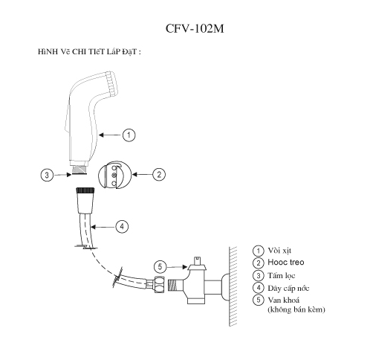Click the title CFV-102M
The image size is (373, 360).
tap(195, 28)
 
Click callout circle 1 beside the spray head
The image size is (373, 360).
tap(129, 135)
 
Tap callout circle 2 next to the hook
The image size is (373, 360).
tap(159, 174)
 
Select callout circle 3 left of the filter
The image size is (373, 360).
tap(47, 175)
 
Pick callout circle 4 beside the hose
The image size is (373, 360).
tap(122, 227)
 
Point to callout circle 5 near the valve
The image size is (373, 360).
tap(160, 267)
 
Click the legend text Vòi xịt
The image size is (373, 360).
tap(279, 251)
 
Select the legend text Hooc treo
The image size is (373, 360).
tap(286, 263)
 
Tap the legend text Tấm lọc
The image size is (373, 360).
tap(282, 275)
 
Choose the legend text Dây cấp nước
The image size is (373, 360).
tap(288, 288)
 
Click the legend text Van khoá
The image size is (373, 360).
tap(284, 300)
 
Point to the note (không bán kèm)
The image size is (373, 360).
tap(296, 309)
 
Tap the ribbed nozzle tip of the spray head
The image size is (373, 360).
tap(111, 83)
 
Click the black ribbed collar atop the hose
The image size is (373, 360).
tap(85, 190)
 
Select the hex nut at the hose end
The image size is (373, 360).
tap(159, 284)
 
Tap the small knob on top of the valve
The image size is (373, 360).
tap(197, 261)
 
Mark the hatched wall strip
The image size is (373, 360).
tap(233, 286)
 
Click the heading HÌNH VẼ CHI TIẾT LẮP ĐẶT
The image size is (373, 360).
tap(89, 52)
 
